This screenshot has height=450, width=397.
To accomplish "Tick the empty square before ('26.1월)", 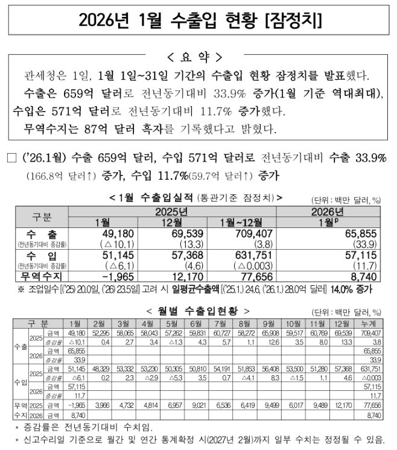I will [11, 159].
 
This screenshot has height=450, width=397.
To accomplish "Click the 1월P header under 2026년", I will [329, 222].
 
